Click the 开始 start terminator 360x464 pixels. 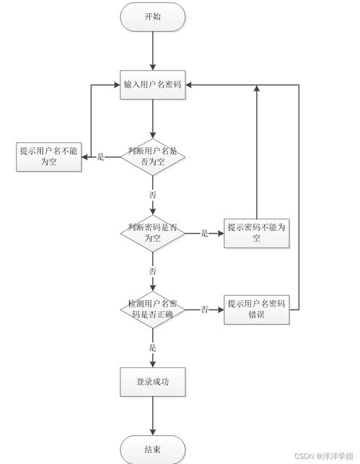pyautogui.click(x=152, y=17)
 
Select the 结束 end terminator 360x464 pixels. pyautogui.click(x=152, y=449)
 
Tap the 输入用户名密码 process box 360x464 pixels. pyautogui.click(x=152, y=85)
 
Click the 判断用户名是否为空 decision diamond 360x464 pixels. pyautogui.click(x=152, y=157)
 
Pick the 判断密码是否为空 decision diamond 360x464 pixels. pyautogui.click(x=152, y=232)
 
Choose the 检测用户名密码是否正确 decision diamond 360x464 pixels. pyautogui.click(x=152, y=310)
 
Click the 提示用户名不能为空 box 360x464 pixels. pyautogui.click(x=48, y=157)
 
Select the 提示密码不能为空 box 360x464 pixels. pyautogui.click(x=256, y=232)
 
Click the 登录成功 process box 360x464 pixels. pyautogui.click(x=152, y=382)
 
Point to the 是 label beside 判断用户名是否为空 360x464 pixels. pyautogui.click(x=101, y=157)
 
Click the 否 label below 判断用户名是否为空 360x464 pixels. pyautogui.click(x=152, y=196)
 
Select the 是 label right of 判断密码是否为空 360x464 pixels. pyautogui.click(x=204, y=232)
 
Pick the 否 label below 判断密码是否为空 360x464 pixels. pyautogui.click(x=152, y=271)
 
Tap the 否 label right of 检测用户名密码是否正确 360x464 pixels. pyautogui.click(x=204, y=310)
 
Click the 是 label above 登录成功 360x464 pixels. pyautogui.click(x=152, y=348)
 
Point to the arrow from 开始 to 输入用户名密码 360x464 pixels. pyautogui.click(x=152, y=51)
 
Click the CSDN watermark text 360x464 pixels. pyautogui.click(x=325, y=457)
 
